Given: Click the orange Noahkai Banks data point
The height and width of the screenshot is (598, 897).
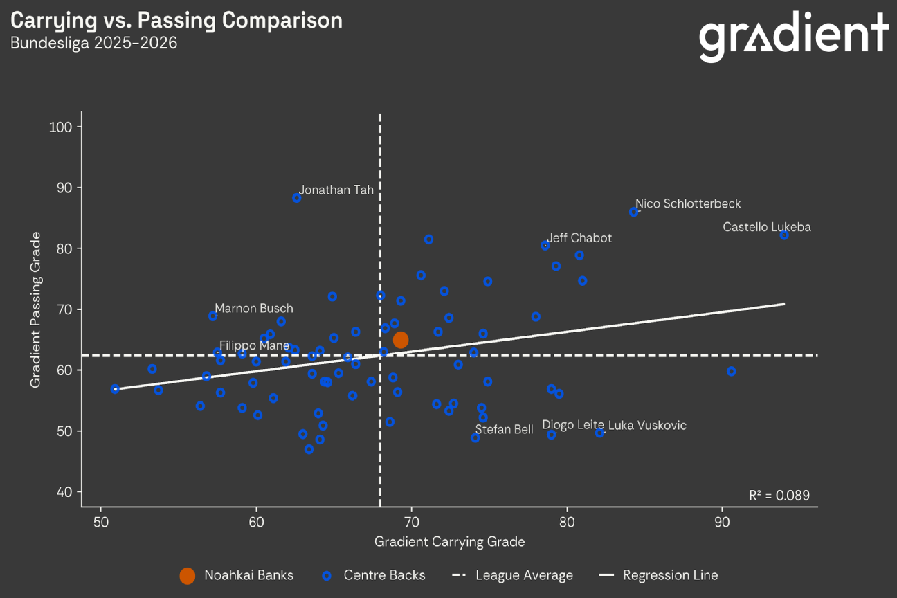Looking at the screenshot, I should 401,340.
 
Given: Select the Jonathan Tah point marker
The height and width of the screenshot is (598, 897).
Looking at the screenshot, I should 297,198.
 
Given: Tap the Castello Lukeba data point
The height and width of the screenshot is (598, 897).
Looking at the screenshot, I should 784,235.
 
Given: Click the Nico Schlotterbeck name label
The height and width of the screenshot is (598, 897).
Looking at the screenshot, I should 688,204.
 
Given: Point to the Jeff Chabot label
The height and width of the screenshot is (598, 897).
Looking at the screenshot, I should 580,238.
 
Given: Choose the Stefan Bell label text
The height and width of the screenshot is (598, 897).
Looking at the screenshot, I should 504,430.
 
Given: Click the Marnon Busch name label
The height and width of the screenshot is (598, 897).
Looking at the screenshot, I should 253,309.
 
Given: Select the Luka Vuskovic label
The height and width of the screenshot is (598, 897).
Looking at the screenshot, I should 647,426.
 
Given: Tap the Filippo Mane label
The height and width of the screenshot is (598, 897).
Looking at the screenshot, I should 254,345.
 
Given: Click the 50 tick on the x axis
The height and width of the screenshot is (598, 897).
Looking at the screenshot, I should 101,520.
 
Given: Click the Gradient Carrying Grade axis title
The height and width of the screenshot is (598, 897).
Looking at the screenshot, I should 449,542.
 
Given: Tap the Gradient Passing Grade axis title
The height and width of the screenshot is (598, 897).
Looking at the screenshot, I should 36,309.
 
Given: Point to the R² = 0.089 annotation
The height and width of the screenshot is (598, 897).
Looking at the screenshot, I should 779,496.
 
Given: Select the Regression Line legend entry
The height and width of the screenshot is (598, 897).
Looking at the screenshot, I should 658,575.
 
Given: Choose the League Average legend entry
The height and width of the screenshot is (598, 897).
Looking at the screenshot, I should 512,575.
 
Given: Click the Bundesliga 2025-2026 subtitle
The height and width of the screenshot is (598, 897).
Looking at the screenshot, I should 93,43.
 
